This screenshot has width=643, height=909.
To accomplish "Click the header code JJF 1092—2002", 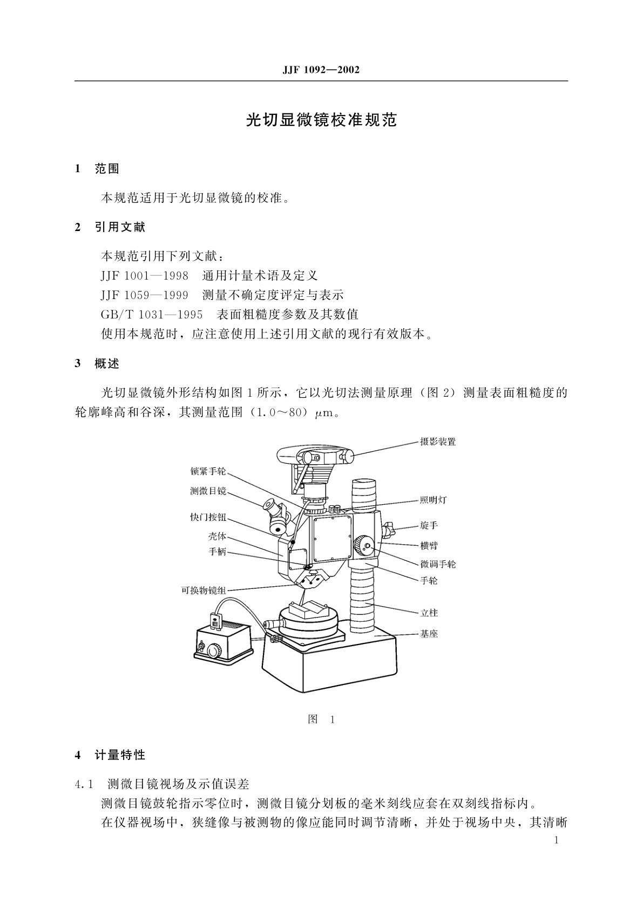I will click(x=321, y=70).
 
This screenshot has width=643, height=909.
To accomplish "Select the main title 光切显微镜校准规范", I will click(x=321, y=120).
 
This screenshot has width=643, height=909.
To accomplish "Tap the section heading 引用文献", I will click(x=120, y=227).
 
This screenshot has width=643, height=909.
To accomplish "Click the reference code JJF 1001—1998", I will click(x=144, y=276).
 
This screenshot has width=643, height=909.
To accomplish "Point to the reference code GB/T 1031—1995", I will click(x=152, y=314).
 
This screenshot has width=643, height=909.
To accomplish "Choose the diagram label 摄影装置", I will click(x=438, y=442).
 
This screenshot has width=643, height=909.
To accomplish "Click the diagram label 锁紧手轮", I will click(x=208, y=471).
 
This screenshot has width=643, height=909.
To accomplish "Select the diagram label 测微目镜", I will click(x=208, y=491).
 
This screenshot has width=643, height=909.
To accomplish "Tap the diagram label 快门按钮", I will click(x=208, y=517).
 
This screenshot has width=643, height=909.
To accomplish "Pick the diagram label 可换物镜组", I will click(x=204, y=590).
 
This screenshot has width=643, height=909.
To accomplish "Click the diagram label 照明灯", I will click(x=434, y=500).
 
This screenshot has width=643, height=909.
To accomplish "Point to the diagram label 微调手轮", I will click(x=438, y=564).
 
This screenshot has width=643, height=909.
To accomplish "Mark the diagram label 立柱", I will click(x=429, y=613).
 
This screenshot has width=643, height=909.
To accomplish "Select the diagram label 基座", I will click(x=429, y=634).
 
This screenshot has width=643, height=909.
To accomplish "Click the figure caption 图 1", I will click(x=321, y=720).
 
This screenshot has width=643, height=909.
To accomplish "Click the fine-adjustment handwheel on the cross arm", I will click(x=366, y=547).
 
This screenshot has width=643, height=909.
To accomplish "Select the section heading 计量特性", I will click(x=120, y=755).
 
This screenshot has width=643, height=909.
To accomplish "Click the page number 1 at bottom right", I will click(x=557, y=840).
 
